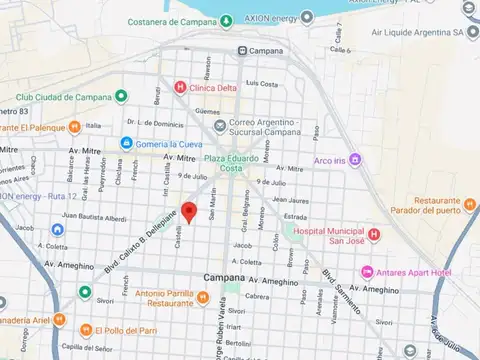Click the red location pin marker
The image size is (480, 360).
(188, 212)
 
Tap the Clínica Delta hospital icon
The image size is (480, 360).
(180, 88)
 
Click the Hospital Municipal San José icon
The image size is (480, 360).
(373, 235)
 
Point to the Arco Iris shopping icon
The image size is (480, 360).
(355, 160)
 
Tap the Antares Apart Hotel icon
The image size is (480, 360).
(367, 272)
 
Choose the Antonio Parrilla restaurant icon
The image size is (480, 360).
(203, 298)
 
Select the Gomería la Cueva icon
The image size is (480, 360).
(126, 144)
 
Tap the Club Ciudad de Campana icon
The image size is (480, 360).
(120, 96)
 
